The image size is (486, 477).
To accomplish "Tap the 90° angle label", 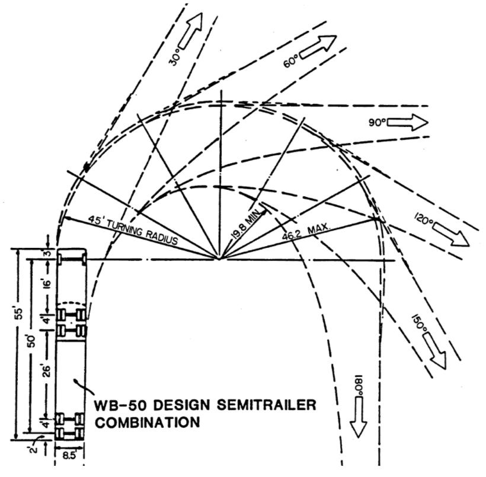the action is pos(377,123).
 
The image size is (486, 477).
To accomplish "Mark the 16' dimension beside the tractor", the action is pos(46,281).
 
